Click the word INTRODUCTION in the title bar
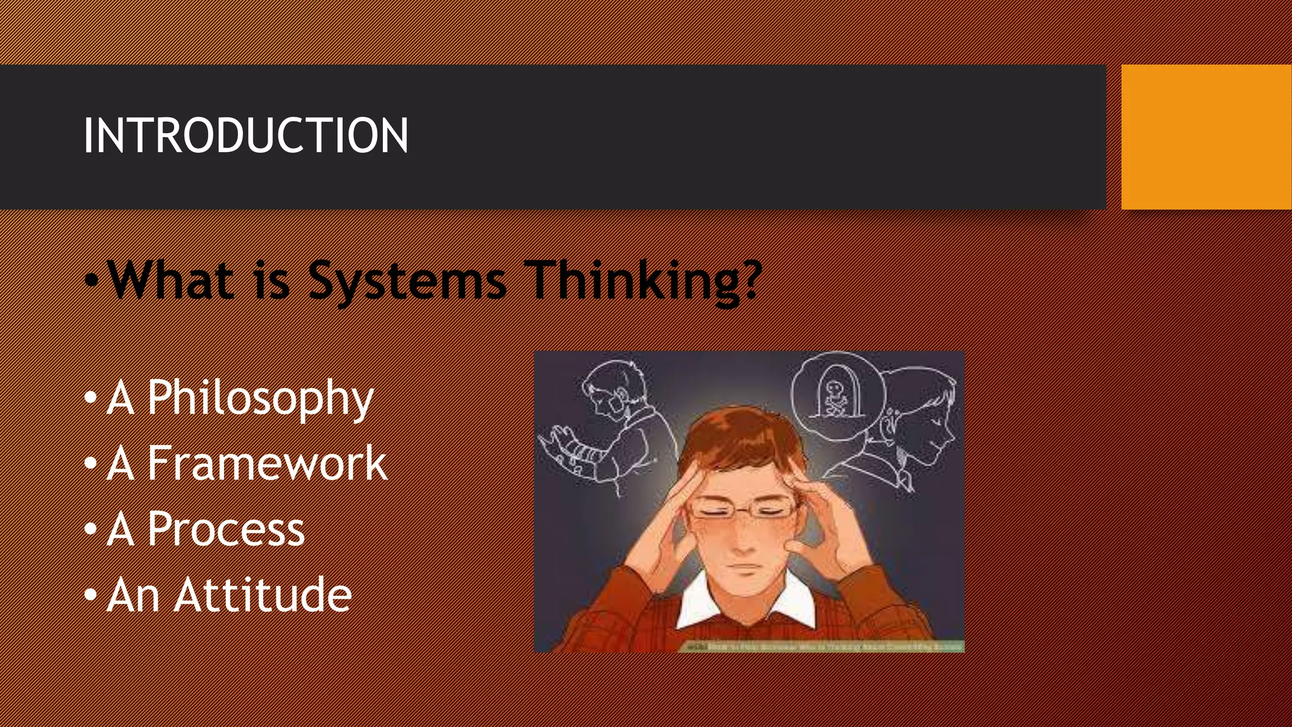click(245, 136)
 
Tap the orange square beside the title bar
click(1206, 137)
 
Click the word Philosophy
click(260, 399)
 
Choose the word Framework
click(267, 463)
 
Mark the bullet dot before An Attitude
click(91, 595)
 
